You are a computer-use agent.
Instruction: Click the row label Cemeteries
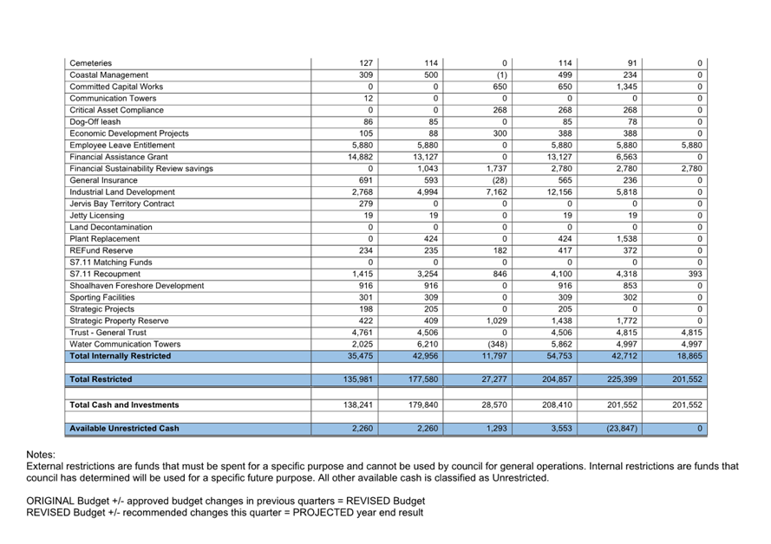[x=91, y=63]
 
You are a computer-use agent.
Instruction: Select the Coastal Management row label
[x=109, y=75]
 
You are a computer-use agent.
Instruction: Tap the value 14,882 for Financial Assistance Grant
[x=359, y=157]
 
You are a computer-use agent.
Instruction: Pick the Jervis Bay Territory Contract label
[x=122, y=204]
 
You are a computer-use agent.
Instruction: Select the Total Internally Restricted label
[x=121, y=356]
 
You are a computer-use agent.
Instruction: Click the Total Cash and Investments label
[x=125, y=405]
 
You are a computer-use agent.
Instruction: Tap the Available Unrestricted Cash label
[x=125, y=428]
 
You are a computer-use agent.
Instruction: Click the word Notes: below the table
[x=42, y=455]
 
